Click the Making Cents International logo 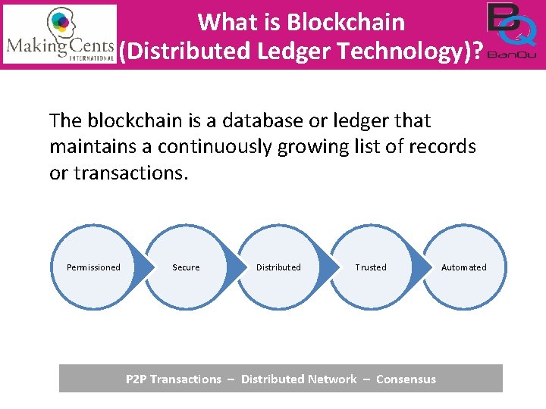pos(61,34)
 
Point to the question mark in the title pos(476,52)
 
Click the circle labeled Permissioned pos(93,267)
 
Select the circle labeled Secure pos(186,267)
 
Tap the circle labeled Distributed pos(278,267)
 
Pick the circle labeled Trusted pos(371,267)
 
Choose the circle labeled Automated pos(463,267)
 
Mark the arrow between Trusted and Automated pos(417,267)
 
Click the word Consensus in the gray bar pos(406,379)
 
